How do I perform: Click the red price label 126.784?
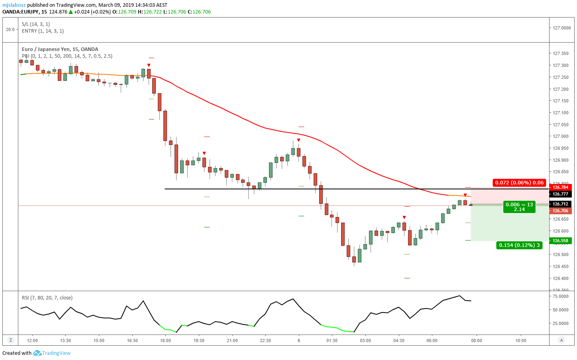point(560,187)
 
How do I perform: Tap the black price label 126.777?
point(560,194)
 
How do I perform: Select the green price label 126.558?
point(560,241)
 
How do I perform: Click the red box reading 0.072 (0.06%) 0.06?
point(519,182)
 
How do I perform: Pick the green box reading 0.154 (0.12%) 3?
point(519,245)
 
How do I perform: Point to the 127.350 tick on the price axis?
point(561,54)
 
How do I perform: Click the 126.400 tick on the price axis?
point(561,278)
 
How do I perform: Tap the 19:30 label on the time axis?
point(199,340)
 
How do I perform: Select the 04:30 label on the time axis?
point(399,340)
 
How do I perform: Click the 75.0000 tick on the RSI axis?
point(561,296)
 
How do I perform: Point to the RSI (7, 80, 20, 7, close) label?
point(47,298)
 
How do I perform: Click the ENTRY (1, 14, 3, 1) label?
point(43,31)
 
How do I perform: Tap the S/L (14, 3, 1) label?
point(36,24)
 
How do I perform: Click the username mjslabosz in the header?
point(14,5)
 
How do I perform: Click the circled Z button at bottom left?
point(11,340)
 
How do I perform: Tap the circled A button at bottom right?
point(561,340)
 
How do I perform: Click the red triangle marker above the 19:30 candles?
point(204,153)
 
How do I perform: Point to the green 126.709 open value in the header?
point(127,12)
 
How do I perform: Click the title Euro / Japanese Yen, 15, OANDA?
point(60,49)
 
